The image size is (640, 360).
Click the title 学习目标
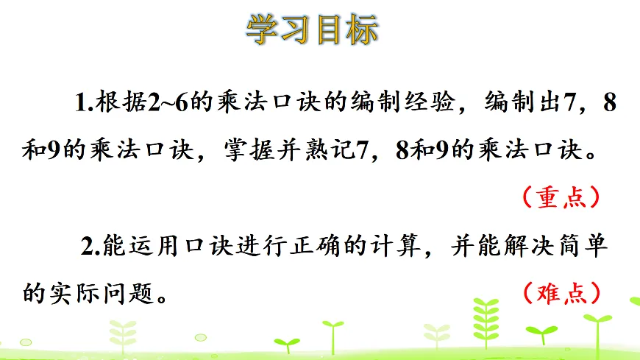[x=312, y=29]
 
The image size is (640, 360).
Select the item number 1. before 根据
[x=82, y=105]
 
